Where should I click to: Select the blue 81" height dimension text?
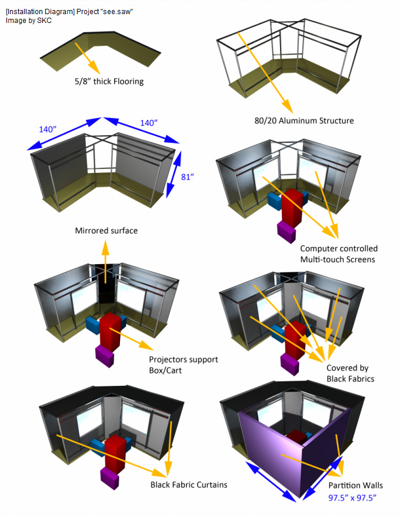(187, 176)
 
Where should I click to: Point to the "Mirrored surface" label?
(106, 231)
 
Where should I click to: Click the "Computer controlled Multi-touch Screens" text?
(338, 254)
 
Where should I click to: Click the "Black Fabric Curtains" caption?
(188, 485)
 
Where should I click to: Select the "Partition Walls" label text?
(355, 485)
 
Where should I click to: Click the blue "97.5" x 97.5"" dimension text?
(352, 498)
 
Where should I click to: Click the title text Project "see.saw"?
(71, 12)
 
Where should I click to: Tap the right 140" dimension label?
(148, 123)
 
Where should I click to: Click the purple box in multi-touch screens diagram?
(288, 230)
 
